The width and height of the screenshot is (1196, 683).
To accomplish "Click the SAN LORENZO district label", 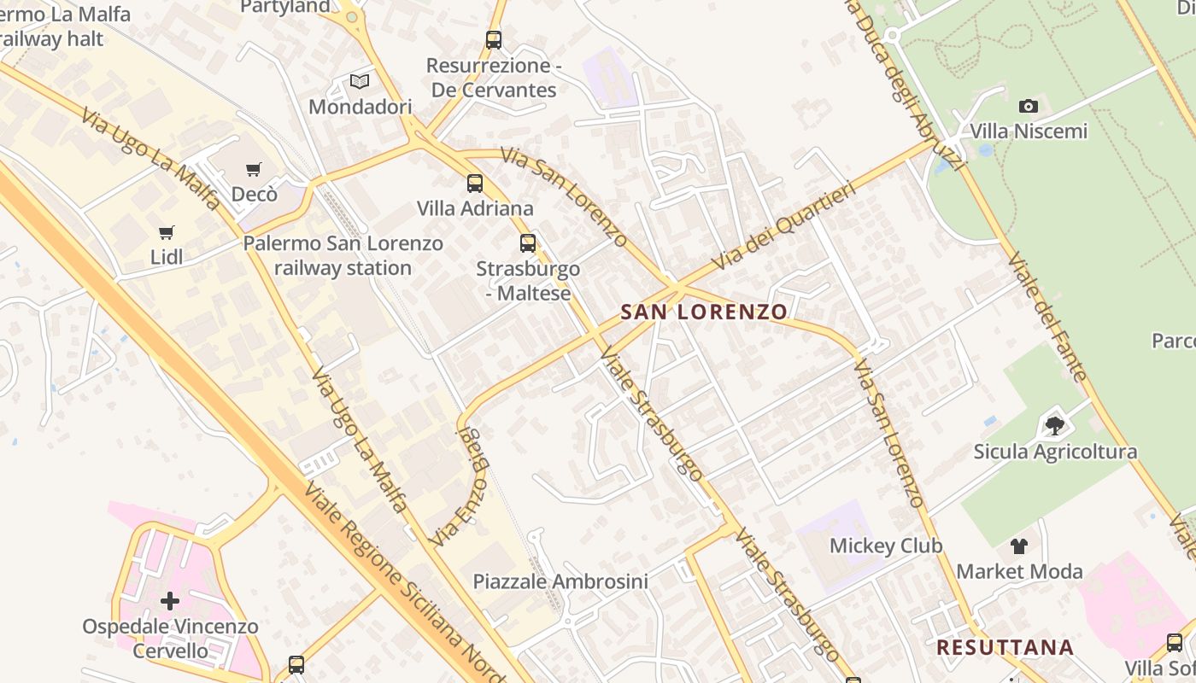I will pos(703,312).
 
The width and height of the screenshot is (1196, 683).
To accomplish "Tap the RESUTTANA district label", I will pos(1005,647).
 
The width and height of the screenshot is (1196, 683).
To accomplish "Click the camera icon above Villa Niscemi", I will pos(1029,107).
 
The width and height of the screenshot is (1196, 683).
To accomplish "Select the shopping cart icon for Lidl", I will pos(167,232).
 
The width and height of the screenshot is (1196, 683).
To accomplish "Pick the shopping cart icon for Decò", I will pos(254,170).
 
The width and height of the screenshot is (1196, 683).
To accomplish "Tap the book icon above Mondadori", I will pos(360,82).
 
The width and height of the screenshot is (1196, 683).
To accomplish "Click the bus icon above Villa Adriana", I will pos(475,184).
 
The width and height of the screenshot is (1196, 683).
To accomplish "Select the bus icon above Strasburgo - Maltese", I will pos(528,243).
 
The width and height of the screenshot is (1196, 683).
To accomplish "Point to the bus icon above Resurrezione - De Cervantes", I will pos(493,40).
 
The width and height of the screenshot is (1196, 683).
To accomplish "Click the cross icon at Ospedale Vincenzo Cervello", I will pos(170,601).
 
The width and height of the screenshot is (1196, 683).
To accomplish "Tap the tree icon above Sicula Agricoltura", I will pos(1055,425).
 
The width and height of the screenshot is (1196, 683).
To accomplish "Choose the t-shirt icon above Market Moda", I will pos(1019,546).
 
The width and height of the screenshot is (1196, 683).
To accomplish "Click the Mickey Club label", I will pos(886,546).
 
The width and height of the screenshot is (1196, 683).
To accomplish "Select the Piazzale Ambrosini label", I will pos(560,581).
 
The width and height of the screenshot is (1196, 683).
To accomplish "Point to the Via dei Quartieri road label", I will pos(782,227).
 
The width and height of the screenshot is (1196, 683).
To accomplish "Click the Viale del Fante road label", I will pos(1046,316).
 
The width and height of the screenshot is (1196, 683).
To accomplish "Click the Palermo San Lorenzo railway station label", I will pos(343,255).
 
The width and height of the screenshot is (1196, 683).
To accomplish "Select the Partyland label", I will pos(284,7).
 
